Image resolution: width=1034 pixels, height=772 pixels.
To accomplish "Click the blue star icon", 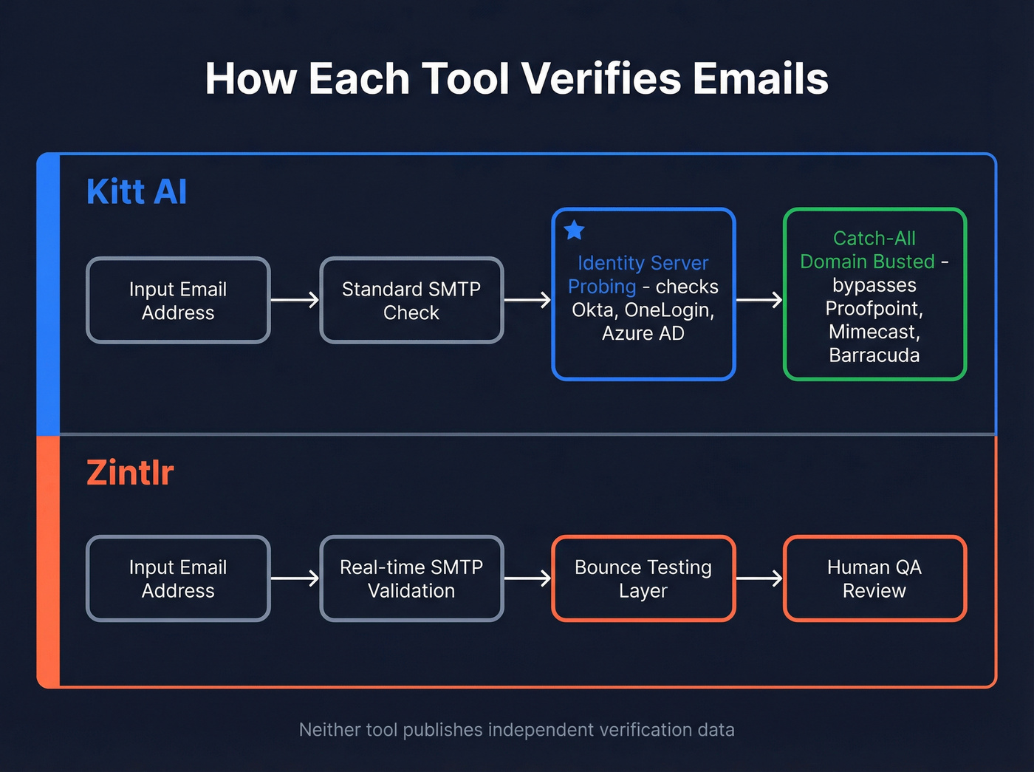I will coord(575,230).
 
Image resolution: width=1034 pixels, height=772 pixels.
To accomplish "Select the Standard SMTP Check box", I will coord(411,300).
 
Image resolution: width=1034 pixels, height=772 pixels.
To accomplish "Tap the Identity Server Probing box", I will coord(643,294).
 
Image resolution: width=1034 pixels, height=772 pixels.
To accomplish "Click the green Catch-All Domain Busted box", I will coord(874,294).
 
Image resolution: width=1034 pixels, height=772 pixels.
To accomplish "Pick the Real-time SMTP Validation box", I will coord(411,578).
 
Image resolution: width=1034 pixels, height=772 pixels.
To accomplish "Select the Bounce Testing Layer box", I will coord(643,578).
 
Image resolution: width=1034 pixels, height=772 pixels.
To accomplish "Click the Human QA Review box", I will coord(874,578).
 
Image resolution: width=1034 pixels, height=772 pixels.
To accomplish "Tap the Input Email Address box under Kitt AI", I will coord(178,300).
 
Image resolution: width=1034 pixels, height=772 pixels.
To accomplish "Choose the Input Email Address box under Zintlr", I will coord(178,578).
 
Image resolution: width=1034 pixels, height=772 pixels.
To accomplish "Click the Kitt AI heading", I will coord(137,192).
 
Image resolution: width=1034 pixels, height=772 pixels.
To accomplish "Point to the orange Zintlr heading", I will coord(130,473).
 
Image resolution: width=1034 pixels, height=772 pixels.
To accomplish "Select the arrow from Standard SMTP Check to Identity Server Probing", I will coord(527,300).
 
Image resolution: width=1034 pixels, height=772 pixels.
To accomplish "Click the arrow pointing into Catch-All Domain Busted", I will coord(759,300).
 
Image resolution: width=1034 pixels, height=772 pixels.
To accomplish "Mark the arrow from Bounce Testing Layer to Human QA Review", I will coord(759,578).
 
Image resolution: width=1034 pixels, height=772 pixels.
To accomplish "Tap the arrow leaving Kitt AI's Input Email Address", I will coord(295,300).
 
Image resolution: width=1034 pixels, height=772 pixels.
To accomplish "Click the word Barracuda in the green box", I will coord(874,355).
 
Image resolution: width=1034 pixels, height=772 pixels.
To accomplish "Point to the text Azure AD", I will coord(643,333).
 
